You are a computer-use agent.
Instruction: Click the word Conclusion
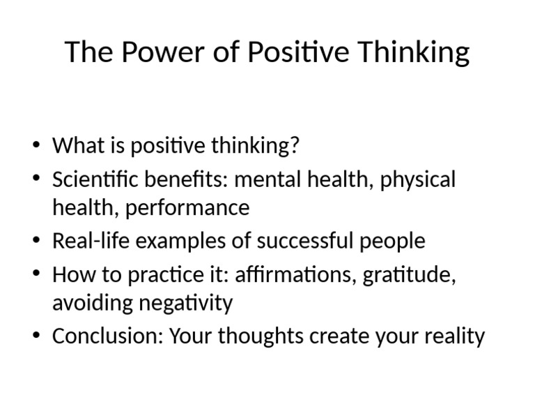(108, 336)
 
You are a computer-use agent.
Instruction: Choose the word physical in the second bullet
(418, 179)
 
